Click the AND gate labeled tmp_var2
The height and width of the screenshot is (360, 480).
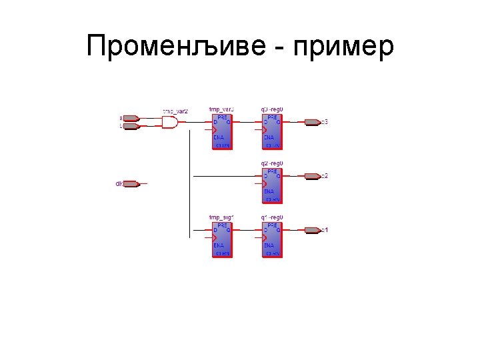(x=171, y=123)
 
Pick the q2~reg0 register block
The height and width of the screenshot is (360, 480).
(x=273, y=185)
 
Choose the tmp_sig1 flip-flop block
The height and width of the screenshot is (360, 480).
(x=222, y=239)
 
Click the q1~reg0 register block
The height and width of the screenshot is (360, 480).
(x=273, y=239)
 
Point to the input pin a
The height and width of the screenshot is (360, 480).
(x=131, y=118)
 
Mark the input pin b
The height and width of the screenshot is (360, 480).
(x=131, y=125)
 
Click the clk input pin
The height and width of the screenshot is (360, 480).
(x=131, y=183)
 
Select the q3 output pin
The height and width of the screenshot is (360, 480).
(x=312, y=122)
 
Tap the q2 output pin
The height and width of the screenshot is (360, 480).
(x=312, y=176)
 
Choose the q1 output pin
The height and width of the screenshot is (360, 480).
(x=312, y=230)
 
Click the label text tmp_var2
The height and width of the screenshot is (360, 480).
(x=175, y=111)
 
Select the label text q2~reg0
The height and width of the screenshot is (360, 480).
(x=272, y=163)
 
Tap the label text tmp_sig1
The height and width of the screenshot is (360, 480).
(x=221, y=217)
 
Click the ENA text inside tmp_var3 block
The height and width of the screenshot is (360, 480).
(x=219, y=137)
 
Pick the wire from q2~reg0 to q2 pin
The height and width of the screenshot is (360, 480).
(x=293, y=176)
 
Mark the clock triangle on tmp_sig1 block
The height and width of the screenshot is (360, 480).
(x=215, y=237)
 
